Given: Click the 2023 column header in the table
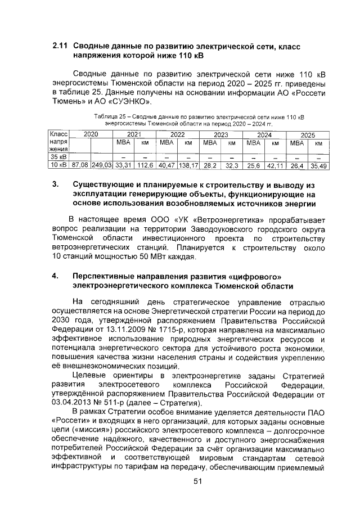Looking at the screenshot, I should (x=220, y=135).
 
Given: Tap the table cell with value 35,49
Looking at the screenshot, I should (x=319, y=166).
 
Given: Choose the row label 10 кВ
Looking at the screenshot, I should (x=58, y=166).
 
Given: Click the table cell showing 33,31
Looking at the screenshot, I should (x=123, y=166).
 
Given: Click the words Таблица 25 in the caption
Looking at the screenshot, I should (x=111, y=116).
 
